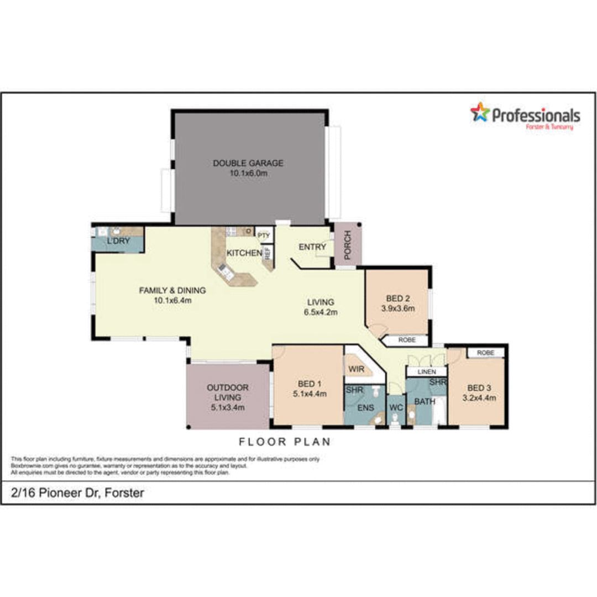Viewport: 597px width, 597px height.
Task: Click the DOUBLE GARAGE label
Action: coord(248,163)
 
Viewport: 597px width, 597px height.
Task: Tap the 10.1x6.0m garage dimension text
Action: coord(248,174)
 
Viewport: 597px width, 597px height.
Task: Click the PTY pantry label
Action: coord(264,235)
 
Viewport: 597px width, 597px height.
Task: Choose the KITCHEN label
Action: coord(244,253)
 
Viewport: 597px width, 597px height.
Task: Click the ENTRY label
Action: coord(312,247)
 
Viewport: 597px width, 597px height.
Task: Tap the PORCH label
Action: coord(348,244)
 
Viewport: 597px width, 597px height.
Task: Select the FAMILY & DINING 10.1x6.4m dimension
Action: coord(172,301)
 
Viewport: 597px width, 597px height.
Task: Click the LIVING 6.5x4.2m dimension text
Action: coord(321,312)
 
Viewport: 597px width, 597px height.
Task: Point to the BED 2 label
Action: coord(398,298)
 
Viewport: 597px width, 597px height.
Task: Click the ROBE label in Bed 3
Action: coord(485,352)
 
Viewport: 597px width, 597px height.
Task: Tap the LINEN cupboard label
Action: coord(426,371)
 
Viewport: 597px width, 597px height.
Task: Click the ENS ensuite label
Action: coord(365,408)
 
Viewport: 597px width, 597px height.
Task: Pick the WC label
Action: coord(395,408)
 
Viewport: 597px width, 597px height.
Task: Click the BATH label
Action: coord(425,401)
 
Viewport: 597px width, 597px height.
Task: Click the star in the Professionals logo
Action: coord(480,112)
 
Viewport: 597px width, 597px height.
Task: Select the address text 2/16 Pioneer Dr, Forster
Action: coord(77,493)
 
